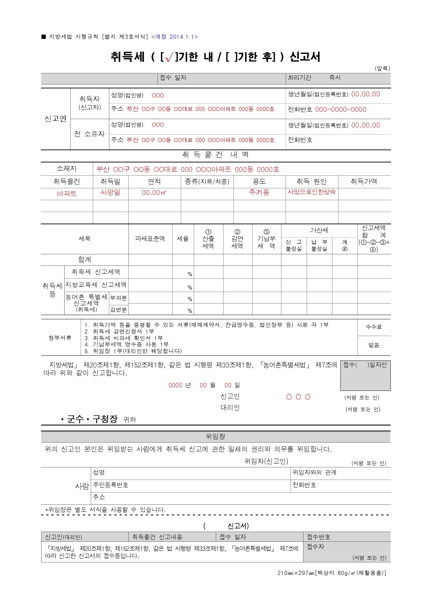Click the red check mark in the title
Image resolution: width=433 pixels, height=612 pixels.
[x=169, y=58]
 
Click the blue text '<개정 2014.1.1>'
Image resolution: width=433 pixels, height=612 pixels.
[x=175, y=37]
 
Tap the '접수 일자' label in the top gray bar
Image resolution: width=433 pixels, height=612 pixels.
[x=173, y=78]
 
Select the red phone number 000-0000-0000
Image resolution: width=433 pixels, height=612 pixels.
[x=340, y=109]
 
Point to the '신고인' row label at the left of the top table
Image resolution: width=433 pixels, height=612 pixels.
[x=55, y=119]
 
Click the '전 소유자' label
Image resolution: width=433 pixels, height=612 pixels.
[x=89, y=134]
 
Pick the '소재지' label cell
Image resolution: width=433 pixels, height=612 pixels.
[x=66, y=169]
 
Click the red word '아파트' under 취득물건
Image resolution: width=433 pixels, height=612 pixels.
[x=67, y=194]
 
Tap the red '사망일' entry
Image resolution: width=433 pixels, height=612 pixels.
[x=110, y=192]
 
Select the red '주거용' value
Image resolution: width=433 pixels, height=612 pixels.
[x=259, y=192]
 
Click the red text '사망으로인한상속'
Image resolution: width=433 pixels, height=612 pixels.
[x=311, y=192]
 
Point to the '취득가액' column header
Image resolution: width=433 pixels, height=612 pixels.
[x=364, y=181]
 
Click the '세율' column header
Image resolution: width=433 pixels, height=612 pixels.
[x=183, y=239]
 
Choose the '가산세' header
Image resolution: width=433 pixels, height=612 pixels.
[x=319, y=231]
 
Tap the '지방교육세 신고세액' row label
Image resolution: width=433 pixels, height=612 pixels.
[x=96, y=285]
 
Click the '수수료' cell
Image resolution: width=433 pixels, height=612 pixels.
[x=374, y=327]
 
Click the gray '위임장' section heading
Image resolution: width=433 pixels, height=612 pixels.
[x=215, y=436]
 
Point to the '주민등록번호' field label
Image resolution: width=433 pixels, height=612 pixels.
[x=111, y=485]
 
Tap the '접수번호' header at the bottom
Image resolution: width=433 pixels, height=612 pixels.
[x=318, y=537]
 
